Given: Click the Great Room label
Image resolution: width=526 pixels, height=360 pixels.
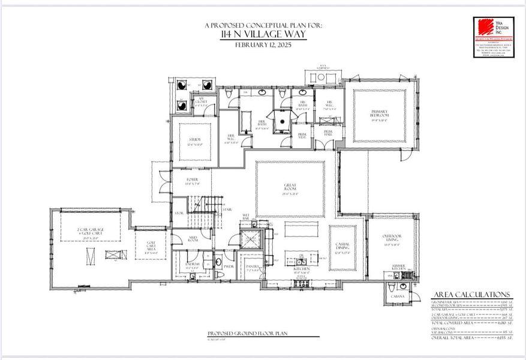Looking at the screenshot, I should [x=291, y=187].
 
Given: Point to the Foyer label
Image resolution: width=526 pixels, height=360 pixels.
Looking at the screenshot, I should [x=192, y=179].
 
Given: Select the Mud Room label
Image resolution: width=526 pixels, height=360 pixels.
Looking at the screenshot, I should [x=192, y=239].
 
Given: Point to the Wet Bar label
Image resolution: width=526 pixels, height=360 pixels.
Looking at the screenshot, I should [x=246, y=215].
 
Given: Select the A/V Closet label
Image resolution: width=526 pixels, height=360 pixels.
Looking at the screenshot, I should [x=202, y=103].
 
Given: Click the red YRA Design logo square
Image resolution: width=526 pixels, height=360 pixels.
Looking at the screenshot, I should [x=484, y=28].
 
